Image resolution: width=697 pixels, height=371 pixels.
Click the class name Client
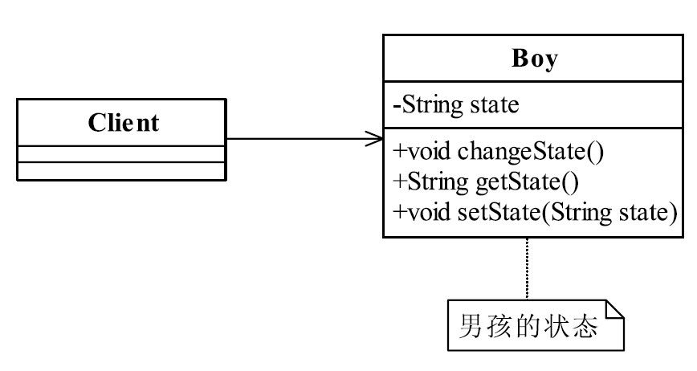[123, 123]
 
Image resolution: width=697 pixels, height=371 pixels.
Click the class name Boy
[534, 59]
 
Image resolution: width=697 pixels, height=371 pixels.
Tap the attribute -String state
[456, 105]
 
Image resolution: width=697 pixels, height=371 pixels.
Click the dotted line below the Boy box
[528, 269]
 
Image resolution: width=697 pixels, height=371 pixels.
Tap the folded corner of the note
[615, 309]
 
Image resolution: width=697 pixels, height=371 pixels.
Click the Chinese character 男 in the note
[471, 326]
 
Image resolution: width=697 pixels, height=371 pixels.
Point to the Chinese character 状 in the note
[557, 326]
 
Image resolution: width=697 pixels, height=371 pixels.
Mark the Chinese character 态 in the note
[585, 326]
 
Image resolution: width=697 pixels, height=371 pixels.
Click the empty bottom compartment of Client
[121, 171]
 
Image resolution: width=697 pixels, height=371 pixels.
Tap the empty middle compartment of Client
[121, 154]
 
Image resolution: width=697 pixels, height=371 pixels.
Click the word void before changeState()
[429, 152]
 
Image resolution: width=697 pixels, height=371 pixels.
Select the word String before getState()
[438, 182]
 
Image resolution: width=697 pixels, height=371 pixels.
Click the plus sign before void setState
[400, 212]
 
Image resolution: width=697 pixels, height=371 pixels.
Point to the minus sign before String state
[397, 107]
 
